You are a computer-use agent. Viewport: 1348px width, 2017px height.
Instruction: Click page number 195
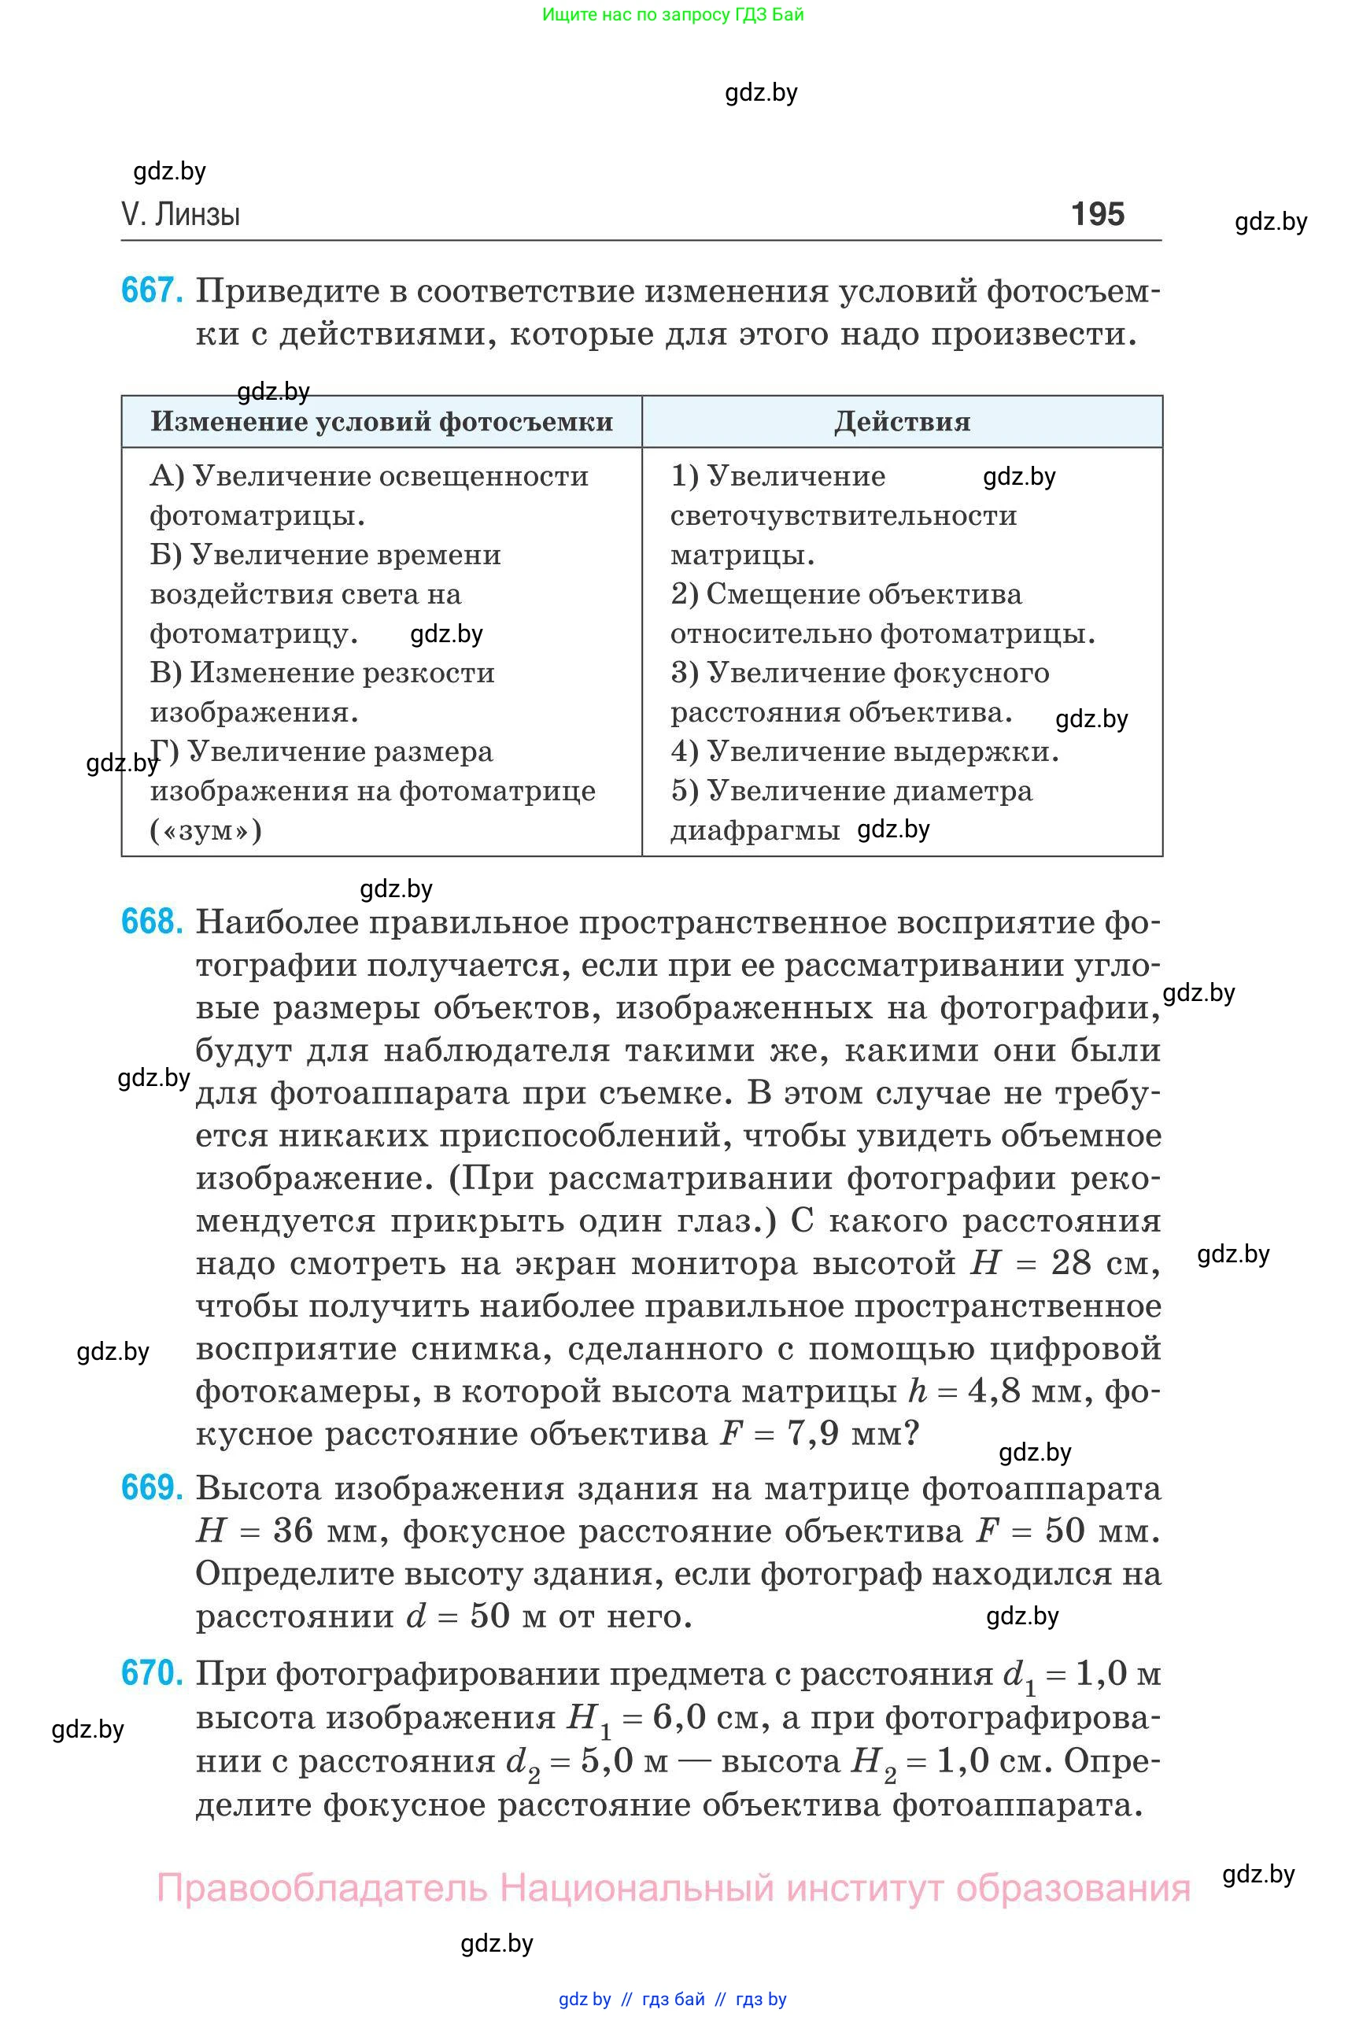[x=1097, y=214]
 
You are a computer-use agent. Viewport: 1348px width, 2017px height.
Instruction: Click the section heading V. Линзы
[x=180, y=214]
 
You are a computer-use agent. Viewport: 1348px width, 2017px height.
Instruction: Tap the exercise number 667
[x=152, y=290]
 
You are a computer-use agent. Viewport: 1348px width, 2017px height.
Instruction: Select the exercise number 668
[x=152, y=922]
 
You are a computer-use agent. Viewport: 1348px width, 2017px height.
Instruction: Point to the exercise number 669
[x=152, y=1488]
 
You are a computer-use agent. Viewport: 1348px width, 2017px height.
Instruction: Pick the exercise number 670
[x=152, y=1673]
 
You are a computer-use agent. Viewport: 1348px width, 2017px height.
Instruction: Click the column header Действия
[x=902, y=421]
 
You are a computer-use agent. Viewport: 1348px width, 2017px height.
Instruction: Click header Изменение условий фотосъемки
[x=382, y=421]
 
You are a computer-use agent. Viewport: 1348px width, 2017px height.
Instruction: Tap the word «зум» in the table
[x=206, y=830]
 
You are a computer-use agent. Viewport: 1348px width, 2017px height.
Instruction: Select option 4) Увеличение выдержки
[x=864, y=752]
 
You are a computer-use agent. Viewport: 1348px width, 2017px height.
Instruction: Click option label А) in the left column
[x=167, y=476]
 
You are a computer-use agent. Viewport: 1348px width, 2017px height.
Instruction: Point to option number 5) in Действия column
[x=685, y=791]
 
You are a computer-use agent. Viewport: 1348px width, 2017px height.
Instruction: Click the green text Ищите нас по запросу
[x=635, y=15]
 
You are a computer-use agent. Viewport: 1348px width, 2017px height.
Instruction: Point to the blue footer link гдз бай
[x=673, y=1999]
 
